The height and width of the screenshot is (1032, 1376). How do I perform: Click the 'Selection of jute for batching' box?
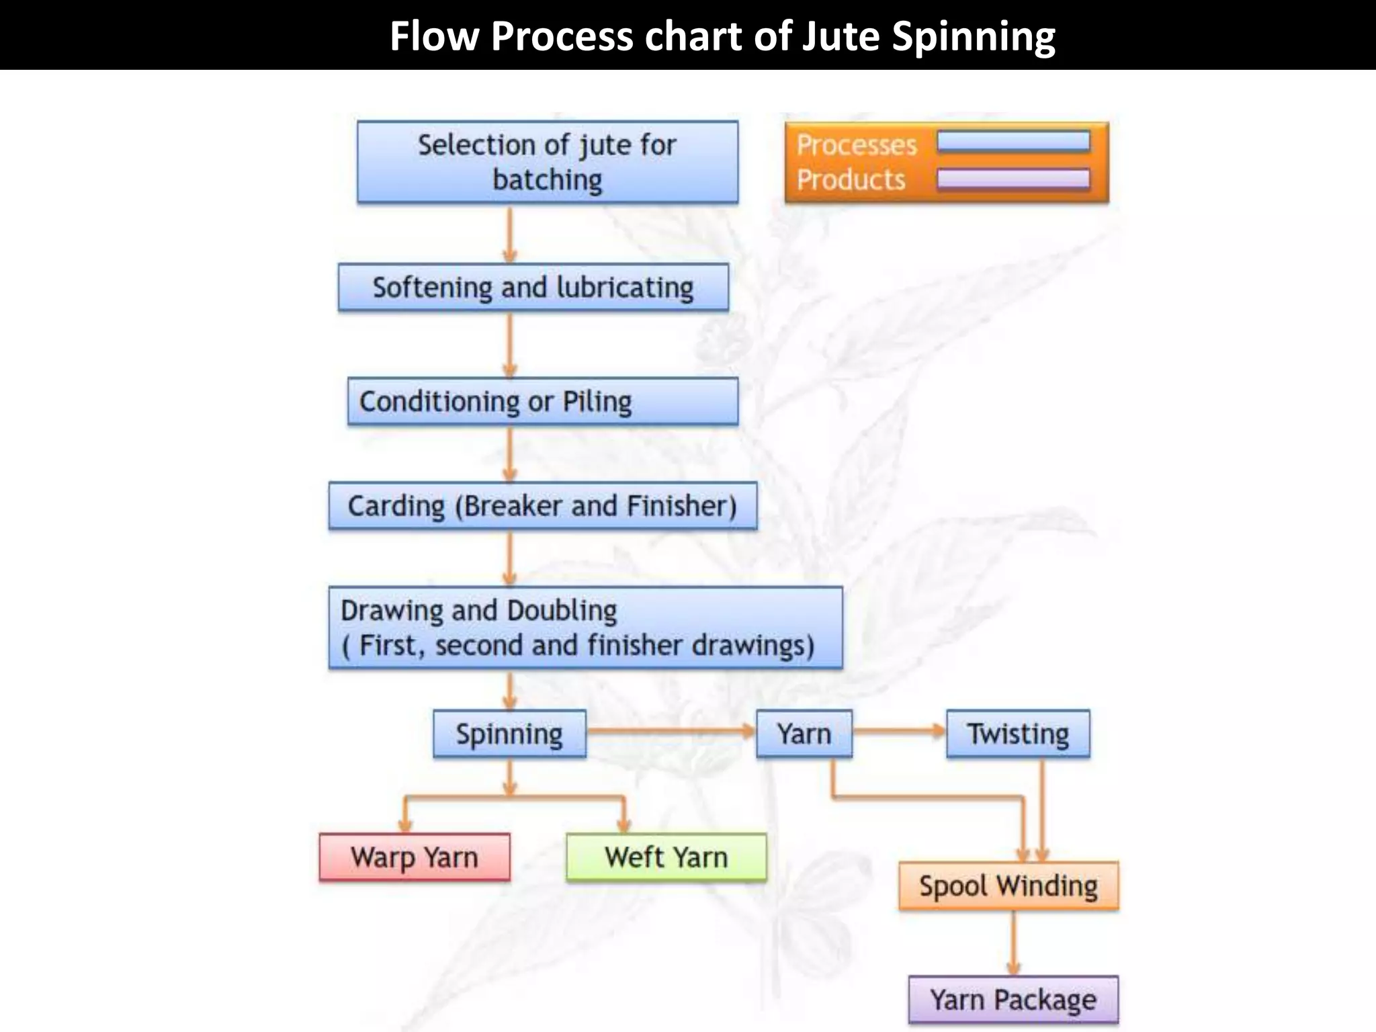click(547, 162)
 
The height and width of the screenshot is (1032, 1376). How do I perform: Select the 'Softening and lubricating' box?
click(533, 288)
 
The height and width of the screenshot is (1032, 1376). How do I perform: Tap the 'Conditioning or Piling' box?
click(542, 401)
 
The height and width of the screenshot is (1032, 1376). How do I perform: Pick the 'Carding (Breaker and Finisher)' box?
click(542, 506)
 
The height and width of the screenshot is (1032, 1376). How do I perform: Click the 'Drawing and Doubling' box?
click(585, 628)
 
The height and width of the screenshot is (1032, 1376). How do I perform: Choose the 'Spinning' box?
click(509, 734)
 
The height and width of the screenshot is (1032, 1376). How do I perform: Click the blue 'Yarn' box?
click(804, 734)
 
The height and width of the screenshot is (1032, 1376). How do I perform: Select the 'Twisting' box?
click(1018, 734)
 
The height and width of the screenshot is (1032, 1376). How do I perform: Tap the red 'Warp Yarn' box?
click(414, 857)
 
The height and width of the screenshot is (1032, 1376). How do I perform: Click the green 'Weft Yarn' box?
click(666, 857)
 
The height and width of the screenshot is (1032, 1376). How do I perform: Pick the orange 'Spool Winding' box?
click(1008, 886)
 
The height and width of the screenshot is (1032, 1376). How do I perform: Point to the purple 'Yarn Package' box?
click(1013, 999)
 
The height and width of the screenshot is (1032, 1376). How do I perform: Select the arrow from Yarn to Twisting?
click(899, 731)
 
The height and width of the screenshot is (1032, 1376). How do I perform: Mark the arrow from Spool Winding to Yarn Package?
click(1013, 943)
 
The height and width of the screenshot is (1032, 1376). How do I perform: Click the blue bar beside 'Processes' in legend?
click(1013, 142)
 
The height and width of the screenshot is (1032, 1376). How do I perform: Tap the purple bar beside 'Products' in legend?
click(1013, 179)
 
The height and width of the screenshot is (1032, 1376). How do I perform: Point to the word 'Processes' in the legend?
click(857, 145)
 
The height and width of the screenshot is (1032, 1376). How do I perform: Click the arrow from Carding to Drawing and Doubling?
click(509, 558)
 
